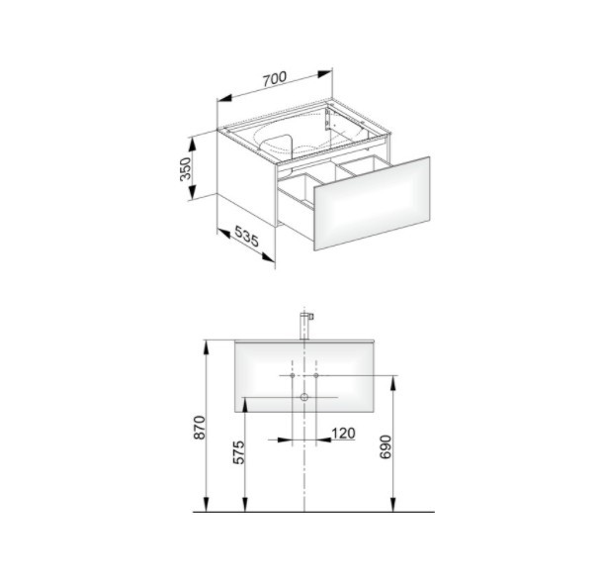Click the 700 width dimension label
(275, 78)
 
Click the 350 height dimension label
(186, 168)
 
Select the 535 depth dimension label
(246, 236)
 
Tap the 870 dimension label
(200, 427)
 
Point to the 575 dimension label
(239, 452)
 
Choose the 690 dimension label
(385, 446)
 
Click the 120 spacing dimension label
(343, 434)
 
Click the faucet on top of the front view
(305, 326)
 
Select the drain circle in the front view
(304, 397)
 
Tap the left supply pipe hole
(293, 375)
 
